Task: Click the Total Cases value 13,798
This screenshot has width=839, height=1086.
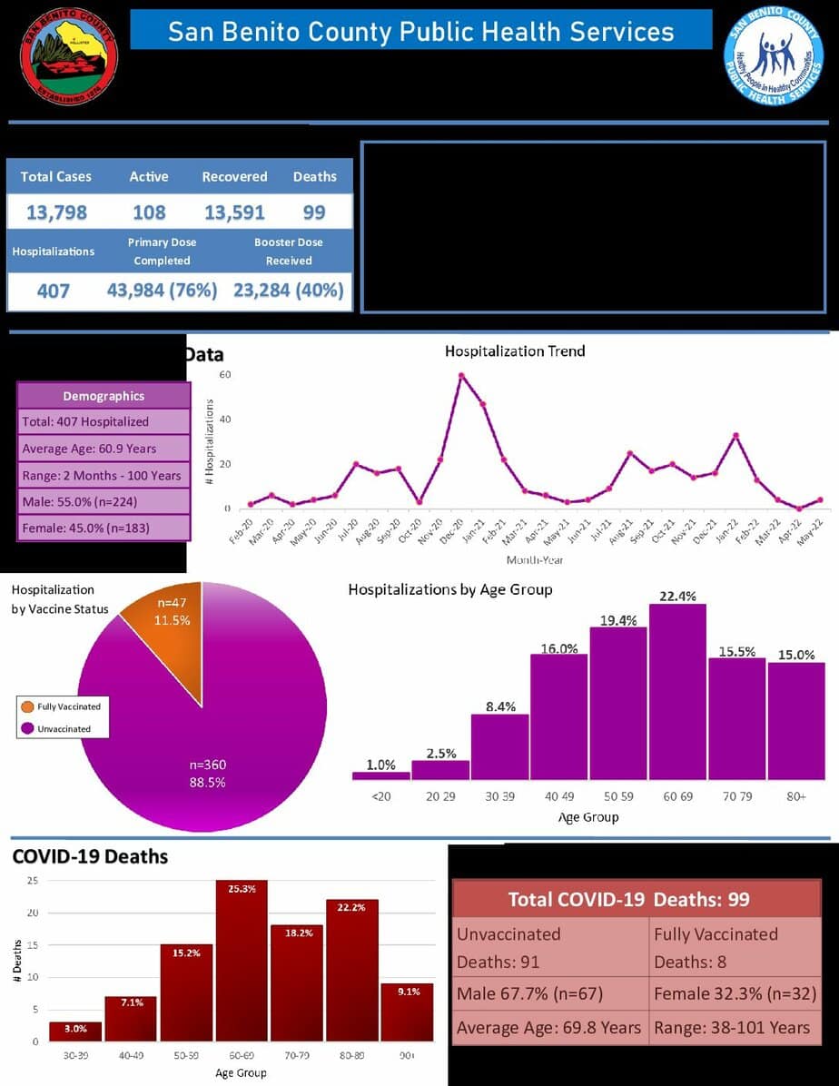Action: (56, 212)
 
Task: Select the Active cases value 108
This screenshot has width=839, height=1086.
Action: (149, 212)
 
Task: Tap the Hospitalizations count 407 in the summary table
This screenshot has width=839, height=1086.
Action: (54, 291)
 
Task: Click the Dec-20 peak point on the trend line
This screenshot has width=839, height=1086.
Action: (461, 375)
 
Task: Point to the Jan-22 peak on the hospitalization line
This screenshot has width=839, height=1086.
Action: (735, 436)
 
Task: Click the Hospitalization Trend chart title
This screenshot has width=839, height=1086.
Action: (515, 350)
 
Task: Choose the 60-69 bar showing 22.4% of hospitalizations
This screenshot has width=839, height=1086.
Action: (677, 690)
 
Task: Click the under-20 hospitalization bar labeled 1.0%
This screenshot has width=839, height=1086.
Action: (381, 775)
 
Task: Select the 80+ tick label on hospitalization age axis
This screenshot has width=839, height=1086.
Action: (796, 796)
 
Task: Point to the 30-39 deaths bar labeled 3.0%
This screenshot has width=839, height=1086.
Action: (75, 1031)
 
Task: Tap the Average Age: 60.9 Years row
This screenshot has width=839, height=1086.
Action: (104, 449)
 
